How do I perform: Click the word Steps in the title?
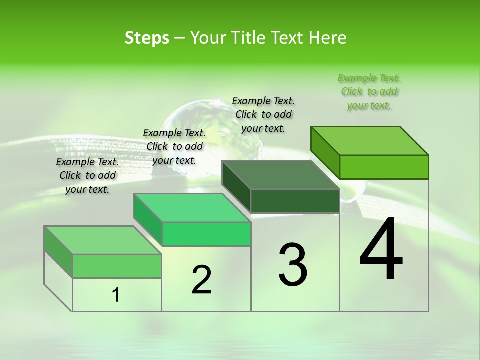click(147, 38)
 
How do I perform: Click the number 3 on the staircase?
click(292, 264)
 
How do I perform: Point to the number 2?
click(201, 280)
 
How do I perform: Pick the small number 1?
click(116, 295)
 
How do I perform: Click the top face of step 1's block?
click(103, 240)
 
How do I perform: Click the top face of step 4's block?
click(370, 141)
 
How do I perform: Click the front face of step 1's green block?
click(117, 266)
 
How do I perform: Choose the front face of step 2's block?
click(206, 234)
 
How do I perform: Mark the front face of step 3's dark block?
click(295, 201)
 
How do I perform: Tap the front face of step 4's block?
click(384, 167)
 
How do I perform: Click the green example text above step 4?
click(369, 92)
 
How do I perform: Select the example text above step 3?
click(263, 115)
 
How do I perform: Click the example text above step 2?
click(174, 146)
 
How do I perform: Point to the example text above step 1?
click(87, 175)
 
